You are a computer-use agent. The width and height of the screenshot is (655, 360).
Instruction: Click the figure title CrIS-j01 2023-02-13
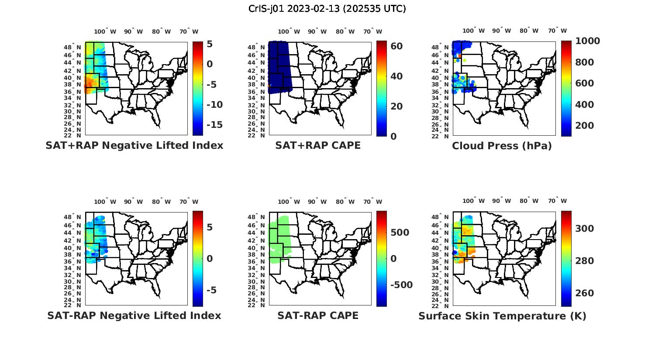tap(327, 9)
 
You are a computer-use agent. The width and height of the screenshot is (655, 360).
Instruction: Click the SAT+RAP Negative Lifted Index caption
tap(134, 146)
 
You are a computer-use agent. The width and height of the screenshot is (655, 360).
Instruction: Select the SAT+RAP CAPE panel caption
tap(318, 146)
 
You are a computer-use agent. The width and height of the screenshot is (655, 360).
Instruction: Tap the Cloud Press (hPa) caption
tap(502, 146)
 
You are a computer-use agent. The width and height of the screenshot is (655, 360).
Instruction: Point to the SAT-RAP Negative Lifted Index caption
tap(134, 315)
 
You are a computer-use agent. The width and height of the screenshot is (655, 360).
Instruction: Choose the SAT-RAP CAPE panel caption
tap(318, 315)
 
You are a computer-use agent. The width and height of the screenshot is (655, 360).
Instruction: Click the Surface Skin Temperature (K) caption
tap(502, 316)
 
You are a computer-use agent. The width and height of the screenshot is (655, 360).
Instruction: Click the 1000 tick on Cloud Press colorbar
tap(587, 41)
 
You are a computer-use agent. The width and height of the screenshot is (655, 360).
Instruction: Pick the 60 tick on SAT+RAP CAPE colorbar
tap(396, 46)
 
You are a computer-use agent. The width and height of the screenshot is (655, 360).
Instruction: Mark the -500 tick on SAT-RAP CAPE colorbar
tap(401, 285)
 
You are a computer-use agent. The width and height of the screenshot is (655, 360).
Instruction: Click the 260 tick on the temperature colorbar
tap(584, 293)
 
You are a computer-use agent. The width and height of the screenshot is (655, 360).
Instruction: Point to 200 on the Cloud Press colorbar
tap(584, 126)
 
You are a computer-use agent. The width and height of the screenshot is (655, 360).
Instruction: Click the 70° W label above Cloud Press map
tap(557, 31)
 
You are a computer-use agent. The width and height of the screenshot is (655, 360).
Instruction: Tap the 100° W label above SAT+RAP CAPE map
tap(289, 31)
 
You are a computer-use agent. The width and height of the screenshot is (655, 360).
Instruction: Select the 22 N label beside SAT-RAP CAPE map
tap(256, 305)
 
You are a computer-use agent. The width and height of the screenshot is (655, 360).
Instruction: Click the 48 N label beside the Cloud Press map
tap(441, 47)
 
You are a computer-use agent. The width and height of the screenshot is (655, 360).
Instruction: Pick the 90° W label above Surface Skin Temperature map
tap(501, 201)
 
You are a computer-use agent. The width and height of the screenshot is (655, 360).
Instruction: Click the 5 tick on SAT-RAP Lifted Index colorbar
tap(210, 227)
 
